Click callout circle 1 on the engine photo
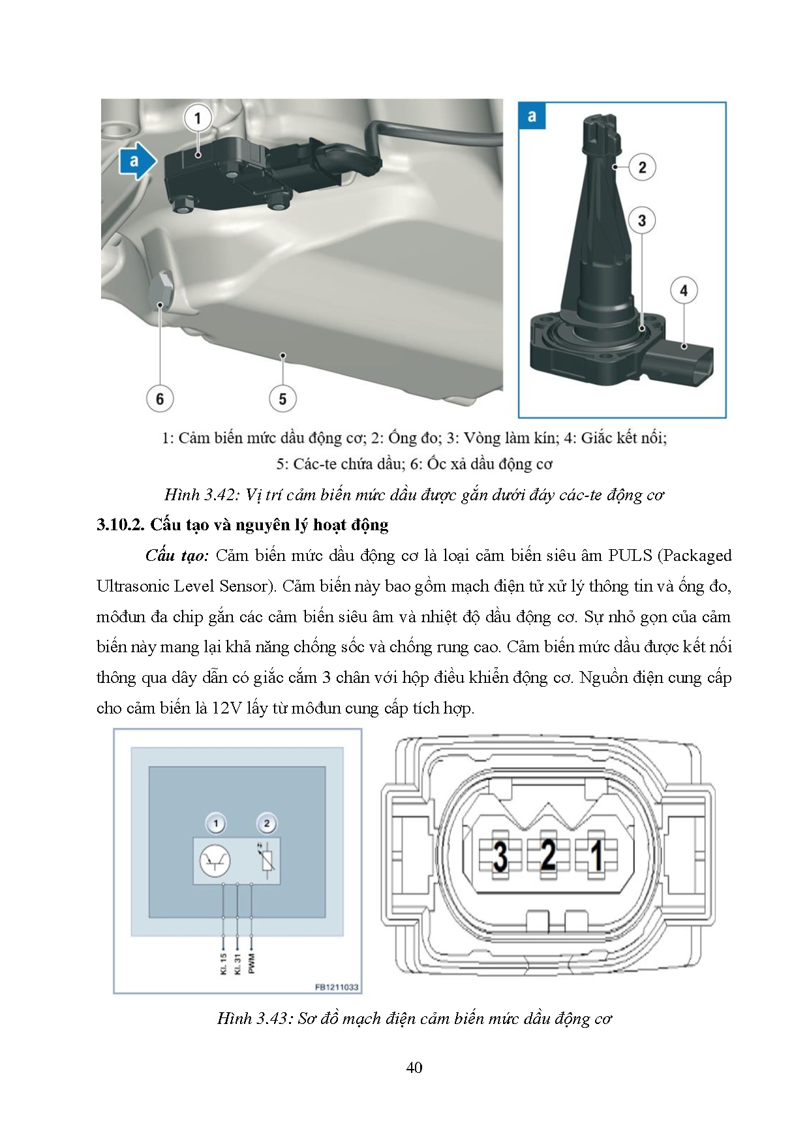click(198, 118)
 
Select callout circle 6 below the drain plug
click(160, 399)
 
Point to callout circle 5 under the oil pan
click(282, 399)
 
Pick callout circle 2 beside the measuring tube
click(642, 167)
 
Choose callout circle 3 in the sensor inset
click(642, 220)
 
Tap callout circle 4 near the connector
click(684, 291)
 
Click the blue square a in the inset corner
click(532, 117)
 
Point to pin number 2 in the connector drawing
click(548, 854)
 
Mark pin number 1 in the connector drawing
click(596, 854)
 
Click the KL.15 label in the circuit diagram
click(224, 963)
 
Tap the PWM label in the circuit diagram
click(252, 962)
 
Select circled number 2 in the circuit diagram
click(266, 824)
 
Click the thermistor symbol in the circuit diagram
click(266, 861)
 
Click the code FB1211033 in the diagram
click(337, 987)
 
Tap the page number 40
click(414, 1068)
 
